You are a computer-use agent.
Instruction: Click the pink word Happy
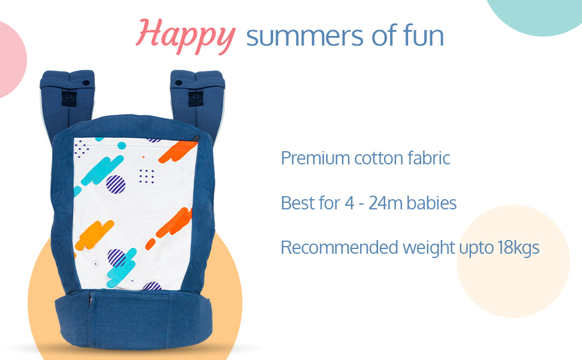pos(185,36)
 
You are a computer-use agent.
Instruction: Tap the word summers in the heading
pos(305,37)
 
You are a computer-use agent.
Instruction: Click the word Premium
pos(315,158)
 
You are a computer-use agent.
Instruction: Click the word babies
pos(431,203)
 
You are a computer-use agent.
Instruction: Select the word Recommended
pos(339,247)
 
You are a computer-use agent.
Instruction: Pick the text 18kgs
pos(518,248)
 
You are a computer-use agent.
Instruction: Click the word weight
pos(429,248)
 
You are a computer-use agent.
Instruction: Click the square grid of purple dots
pos(146,176)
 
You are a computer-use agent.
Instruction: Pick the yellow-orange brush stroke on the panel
pos(94,235)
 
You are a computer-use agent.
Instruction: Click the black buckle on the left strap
pos(69,98)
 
